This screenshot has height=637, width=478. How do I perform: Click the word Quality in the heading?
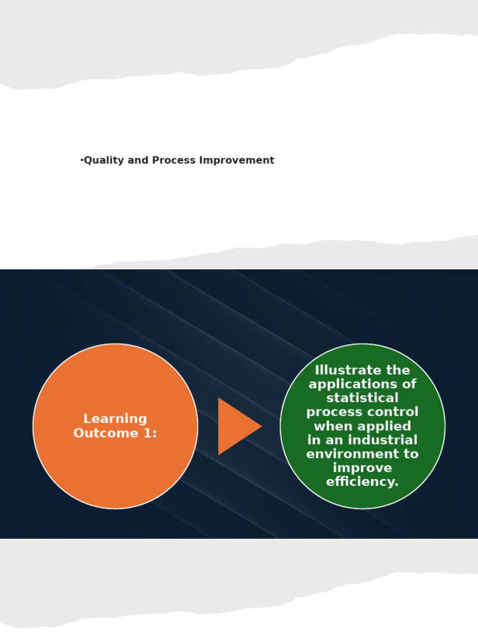point(104,160)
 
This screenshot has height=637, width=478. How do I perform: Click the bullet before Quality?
point(82,160)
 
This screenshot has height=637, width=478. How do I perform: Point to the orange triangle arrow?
point(237,426)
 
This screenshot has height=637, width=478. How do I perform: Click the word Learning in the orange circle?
point(115,419)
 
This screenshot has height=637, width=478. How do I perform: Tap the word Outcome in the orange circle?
point(103,434)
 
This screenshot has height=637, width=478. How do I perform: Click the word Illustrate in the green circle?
point(345,371)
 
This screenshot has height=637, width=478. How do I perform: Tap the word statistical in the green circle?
point(362,398)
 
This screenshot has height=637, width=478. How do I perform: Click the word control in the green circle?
point(395,412)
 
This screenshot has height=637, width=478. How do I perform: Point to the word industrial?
point(380,440)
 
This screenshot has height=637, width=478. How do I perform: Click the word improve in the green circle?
point(362,468)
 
